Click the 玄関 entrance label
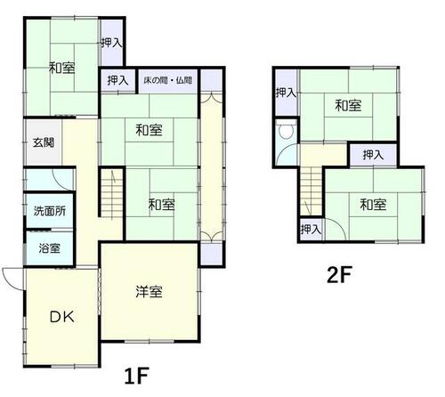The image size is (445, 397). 44,143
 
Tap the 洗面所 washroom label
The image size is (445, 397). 50,211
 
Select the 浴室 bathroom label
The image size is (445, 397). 50,248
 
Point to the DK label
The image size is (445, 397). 61,317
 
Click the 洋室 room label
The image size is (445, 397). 149,292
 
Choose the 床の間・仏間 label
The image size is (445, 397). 168,80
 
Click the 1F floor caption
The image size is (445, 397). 136,376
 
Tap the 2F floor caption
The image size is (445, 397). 339,275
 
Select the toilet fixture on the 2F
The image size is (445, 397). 286,132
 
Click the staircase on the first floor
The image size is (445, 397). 111,193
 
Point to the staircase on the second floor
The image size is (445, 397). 311,190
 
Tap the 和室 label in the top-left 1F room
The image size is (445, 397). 62,68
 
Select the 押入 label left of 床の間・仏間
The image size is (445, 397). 117,80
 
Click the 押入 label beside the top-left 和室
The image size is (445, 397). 111,43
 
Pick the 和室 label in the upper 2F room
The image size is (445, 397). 348,106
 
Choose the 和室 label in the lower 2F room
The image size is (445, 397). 373,205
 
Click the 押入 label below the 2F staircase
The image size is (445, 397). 311,229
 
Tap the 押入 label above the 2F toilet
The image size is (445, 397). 286,93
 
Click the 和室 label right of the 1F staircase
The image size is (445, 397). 161,205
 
